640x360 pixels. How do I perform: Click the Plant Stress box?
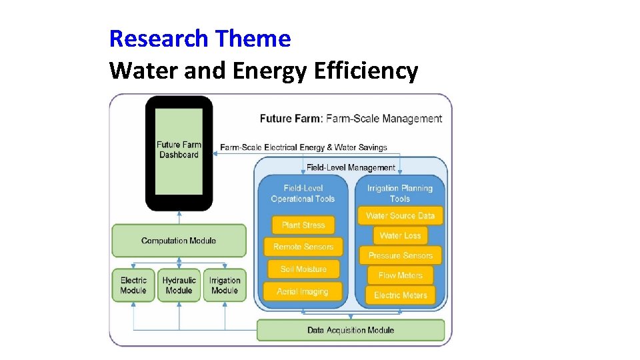303,225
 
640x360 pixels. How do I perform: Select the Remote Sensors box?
303,247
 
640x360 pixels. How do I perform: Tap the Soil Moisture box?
303,269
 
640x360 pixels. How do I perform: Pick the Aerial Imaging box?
303,291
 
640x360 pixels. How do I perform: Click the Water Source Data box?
400,216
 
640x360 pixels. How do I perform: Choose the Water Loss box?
400,235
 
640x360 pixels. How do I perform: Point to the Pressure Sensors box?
400,255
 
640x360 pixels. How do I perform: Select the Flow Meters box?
400,275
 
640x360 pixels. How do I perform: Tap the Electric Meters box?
400,295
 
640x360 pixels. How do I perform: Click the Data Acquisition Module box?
350,330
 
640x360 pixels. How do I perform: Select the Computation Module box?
178,241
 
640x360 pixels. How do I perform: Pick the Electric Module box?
133,285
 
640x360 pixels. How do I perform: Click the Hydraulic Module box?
179,285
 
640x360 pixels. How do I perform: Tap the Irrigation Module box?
224,285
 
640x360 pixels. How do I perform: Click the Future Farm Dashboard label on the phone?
179,150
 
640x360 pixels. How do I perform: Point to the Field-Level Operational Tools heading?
303,193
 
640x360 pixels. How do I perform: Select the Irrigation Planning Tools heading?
400,193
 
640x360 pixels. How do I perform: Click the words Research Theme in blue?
200,39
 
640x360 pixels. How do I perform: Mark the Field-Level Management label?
351,167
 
